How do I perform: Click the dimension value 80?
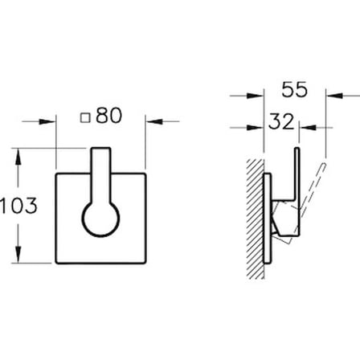pos(109,116)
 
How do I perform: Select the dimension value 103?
pos(18,206)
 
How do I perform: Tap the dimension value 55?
pos(294,90)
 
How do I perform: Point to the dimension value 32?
pos(281,121)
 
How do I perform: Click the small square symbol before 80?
pos(85,117)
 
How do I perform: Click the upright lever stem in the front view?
pos(100,175)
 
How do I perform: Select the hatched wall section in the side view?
pos(256,219)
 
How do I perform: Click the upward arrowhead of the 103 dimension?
pos(18,156)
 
